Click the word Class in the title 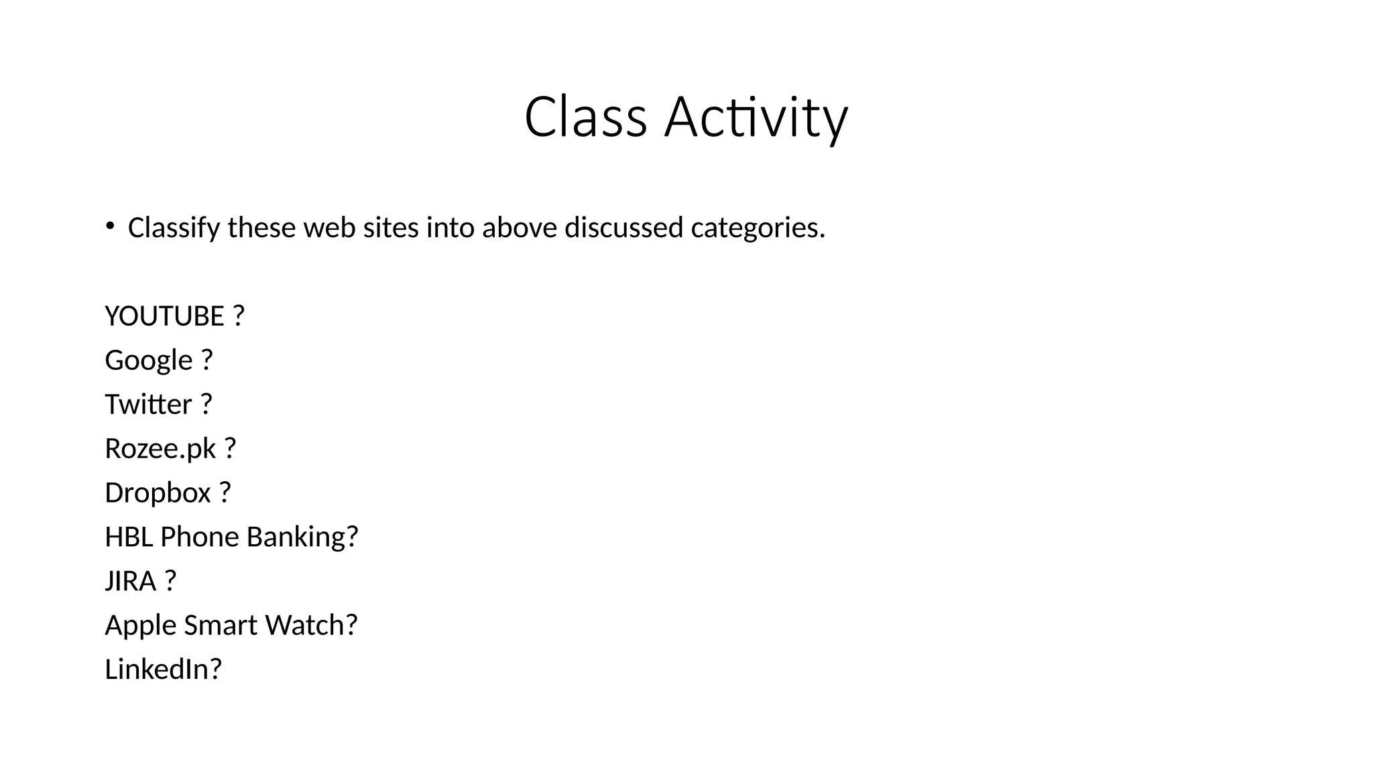click(x=585, y=117)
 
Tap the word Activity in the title click(x=756, y=119)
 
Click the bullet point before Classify click(x=110, y=226)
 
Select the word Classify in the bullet click(x=174, y=229)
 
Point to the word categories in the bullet click(x=758, y=228)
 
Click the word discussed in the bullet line click(x=623, y=228)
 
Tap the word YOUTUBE click(x=164, y=316)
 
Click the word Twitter click(x=148, y=405)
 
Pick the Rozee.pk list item click(x=161, y=449)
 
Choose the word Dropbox click(x=158, y=493)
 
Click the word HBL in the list click(x=129, y=537)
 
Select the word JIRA click(x=131, y=581)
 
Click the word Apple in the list click(x=140, y=626)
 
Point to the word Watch click(x=305, y=625)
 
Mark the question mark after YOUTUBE click(x=239, y=316)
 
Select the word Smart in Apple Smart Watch click(x=221, y=625)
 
